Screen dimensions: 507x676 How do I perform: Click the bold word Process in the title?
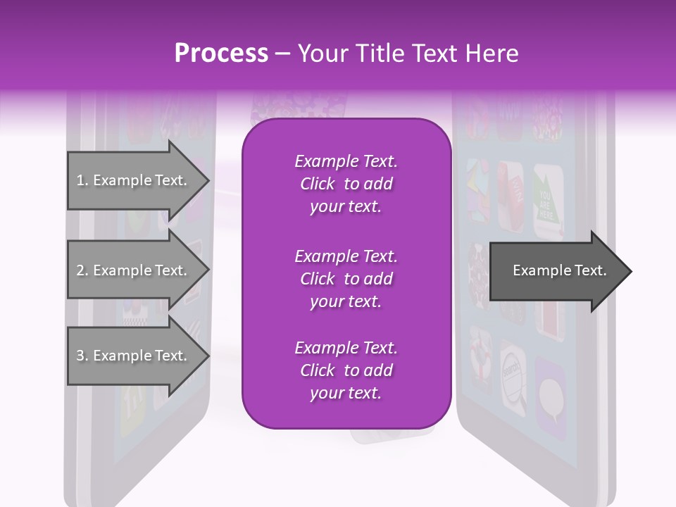pyautogui.click(x=221, y=54)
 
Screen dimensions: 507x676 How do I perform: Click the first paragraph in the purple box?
pyautogui.click(x=346, y=184)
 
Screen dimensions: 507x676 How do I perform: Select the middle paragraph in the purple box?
pyautogui.click(x=346, y=278)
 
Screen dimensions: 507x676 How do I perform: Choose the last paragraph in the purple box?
pyautogui.click(x=346, y=370)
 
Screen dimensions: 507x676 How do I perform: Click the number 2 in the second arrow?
pyautogui.click(x=80, y=270)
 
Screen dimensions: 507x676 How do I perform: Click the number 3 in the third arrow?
pyautogui.click(x=80, y=356)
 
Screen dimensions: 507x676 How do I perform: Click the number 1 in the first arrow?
pyautogui.click(x=80, y=180)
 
